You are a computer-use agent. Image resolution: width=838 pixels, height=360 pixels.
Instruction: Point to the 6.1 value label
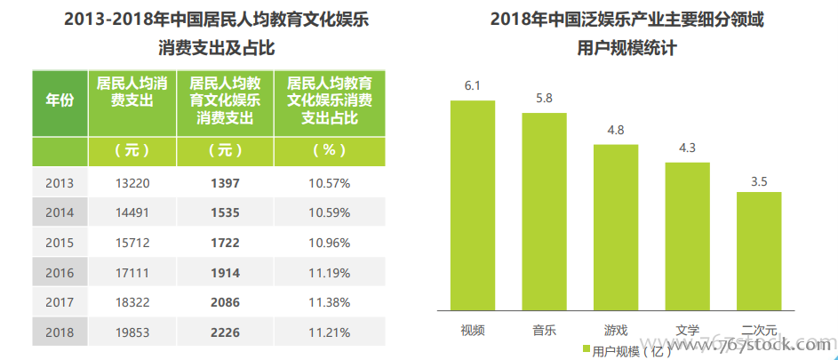(472, 86)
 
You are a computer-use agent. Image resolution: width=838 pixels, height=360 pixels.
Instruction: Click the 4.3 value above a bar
(687, 148)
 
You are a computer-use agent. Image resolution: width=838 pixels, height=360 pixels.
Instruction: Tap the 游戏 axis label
(616, 331)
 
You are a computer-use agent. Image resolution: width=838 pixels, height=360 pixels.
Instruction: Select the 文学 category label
(687, 331)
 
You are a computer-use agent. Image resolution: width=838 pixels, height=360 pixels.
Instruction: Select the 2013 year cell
(60, 183)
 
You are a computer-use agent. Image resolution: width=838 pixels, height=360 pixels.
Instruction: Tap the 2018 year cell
(60, 332)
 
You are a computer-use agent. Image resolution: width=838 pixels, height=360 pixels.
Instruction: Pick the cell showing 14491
(132, 213)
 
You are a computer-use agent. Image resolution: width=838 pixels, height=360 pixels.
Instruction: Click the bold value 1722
(226, 243)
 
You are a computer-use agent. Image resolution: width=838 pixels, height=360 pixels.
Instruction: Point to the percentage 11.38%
(330, 302)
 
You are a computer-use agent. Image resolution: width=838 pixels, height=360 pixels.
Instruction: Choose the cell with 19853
(132, 332)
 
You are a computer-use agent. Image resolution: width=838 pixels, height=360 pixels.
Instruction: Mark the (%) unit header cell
(330, 150)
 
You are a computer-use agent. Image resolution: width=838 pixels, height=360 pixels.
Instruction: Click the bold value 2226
(226, 332)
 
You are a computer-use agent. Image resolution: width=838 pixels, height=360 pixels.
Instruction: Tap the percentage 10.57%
(330, 183)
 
